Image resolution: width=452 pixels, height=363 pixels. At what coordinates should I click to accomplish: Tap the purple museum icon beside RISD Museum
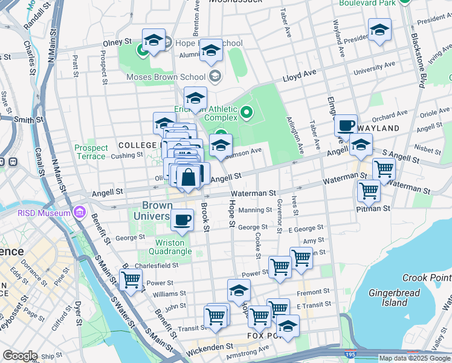79,212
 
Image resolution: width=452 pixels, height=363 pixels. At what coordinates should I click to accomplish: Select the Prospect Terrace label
91,152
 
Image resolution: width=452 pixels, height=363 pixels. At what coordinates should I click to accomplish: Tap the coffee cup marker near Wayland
346,125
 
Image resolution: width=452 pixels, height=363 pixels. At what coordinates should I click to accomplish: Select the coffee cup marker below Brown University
182,220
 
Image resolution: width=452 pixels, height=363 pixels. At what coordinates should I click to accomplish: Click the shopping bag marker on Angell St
189,177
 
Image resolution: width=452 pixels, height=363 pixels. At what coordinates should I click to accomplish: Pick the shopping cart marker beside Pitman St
369,191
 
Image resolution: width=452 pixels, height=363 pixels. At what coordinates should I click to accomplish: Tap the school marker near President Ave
379,30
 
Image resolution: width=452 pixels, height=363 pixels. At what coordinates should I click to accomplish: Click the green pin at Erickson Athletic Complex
246,111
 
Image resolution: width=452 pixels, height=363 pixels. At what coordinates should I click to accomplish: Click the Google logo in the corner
20,356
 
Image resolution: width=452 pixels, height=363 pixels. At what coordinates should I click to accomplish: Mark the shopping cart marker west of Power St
131,280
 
